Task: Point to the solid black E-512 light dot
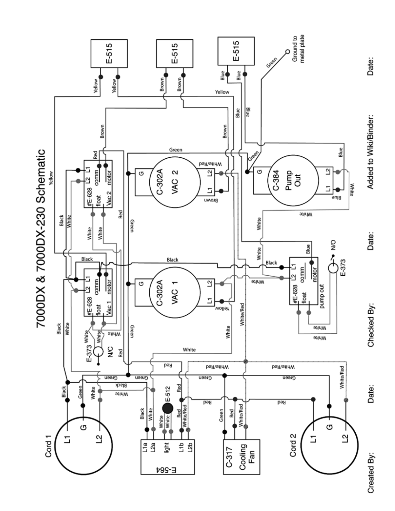pos(168,408)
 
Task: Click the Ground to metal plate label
pos(298,49)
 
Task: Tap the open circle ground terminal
pos(287,52)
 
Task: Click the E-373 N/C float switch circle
pos(98,352)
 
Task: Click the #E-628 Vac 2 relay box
pos(98,184)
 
